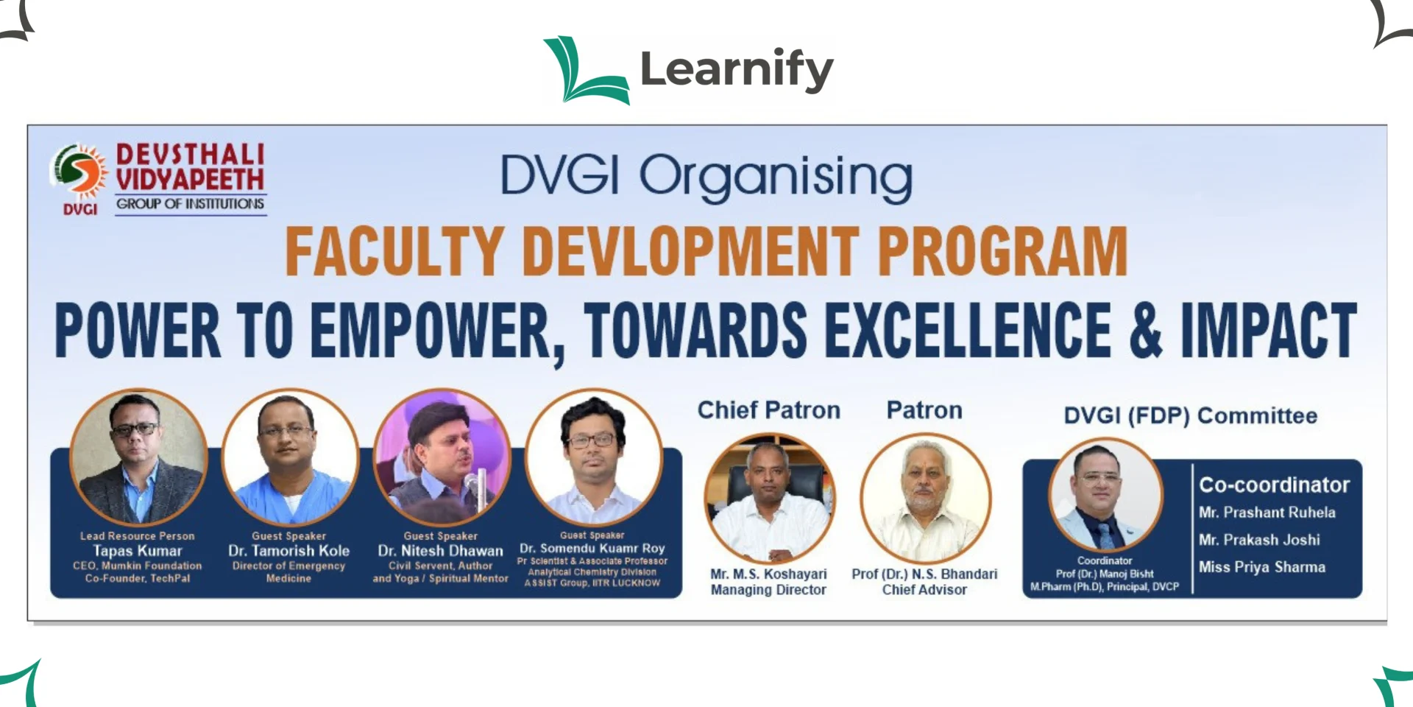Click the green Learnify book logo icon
pyautogui.click(x=587, y=70)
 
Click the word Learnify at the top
pyautogui.click(x=737, y=70)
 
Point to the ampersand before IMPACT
pyautogui.click(x=1146, y=330)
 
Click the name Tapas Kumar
pyautogui.click(x=138, y=551)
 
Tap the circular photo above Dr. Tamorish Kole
pyautogui.click(x=290, y=457)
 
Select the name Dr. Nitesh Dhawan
pyautogui.click(x=441, y=551)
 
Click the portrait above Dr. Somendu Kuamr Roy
pyautogui.click(x=593, y=457)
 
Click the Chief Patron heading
pyautogui.click(x=768, y=410)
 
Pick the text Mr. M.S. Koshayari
pyautogui.click(x=768, y=574)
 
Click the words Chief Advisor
pyautogui.click(x=924, y=590)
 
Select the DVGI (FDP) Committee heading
pyautogui.click(x=1190, y=416)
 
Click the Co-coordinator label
pyautogui.click(x=1274, y=485)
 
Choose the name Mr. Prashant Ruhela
pyautogui.click(x=1267, y=513)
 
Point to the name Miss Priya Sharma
pyautogui.click(x=1262, y=567)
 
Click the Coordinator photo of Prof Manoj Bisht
pyautogui.click(x=1105, y=495)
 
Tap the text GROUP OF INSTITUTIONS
pyautogui.click(x=190, y=203)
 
